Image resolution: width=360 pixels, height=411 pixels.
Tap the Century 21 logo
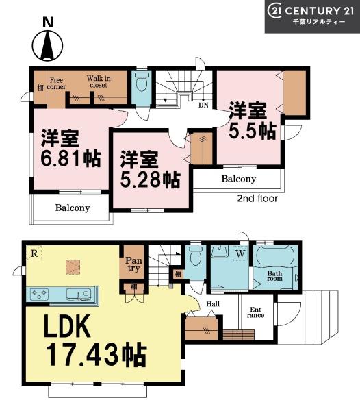312,15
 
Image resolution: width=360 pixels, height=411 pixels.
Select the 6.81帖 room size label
70,149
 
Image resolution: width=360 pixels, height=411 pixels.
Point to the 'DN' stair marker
203,105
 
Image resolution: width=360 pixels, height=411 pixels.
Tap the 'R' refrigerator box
33,253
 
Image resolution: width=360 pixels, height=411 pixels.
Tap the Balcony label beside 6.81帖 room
72,208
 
